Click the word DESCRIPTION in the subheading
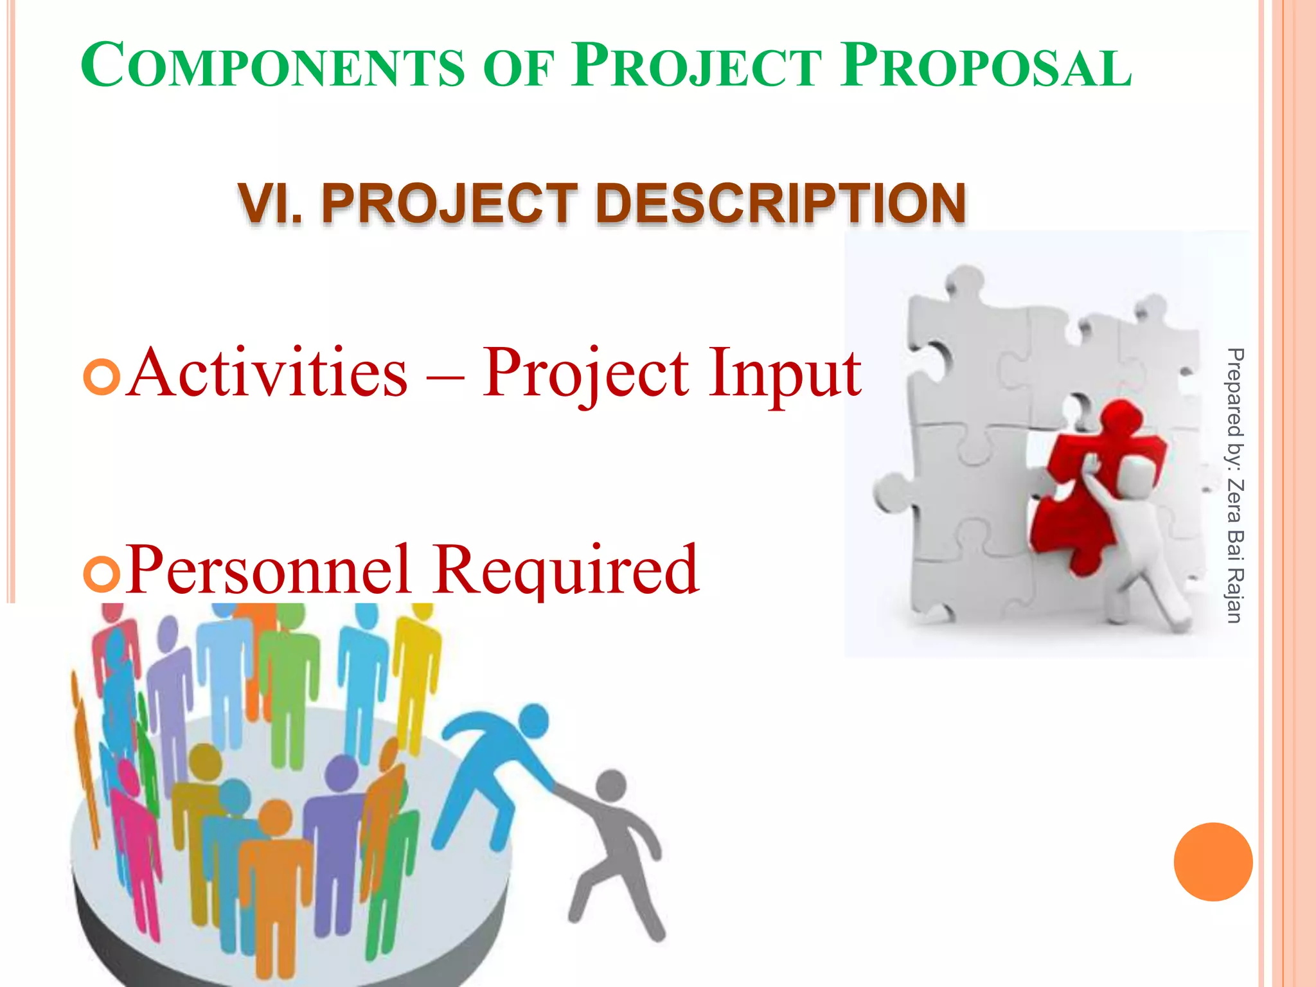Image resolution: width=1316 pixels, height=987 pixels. (780, 204)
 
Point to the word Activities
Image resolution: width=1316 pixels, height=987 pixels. (267, 373)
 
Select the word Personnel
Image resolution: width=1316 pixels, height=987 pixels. (267, 571)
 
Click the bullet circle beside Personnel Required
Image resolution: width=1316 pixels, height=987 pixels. (102, 574)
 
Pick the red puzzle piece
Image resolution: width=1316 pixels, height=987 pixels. (1092, 488)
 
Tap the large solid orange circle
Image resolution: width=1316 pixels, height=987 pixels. (1213, 862)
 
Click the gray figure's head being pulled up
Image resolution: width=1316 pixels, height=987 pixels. (611, 785)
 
